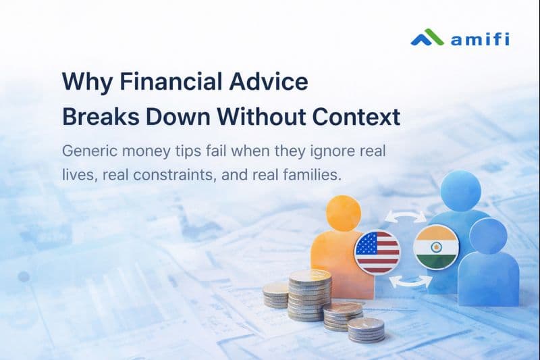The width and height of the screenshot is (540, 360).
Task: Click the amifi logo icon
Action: (427, 37)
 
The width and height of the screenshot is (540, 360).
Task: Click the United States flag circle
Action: (377, 251)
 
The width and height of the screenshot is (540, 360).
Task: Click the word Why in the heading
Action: (83, 82)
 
